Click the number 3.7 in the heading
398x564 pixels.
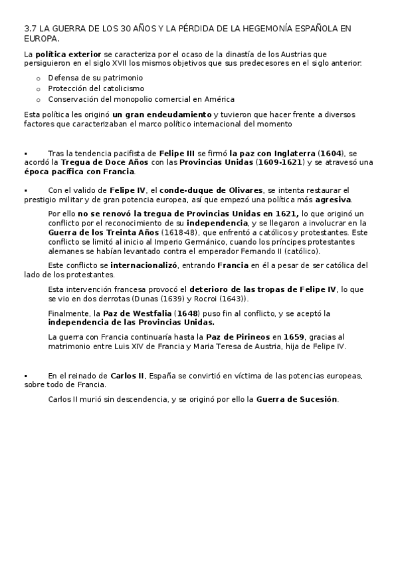point(29,29)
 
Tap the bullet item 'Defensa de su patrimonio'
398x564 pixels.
point(90,77)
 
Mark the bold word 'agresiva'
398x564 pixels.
point(333,199)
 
